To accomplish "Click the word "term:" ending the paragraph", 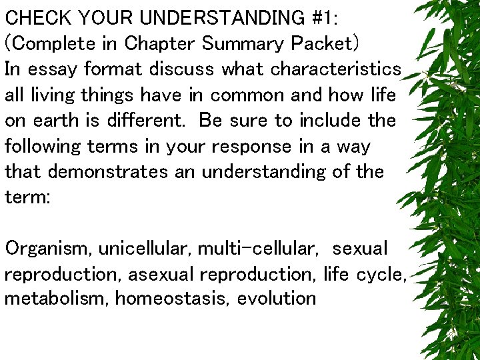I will (27, 198).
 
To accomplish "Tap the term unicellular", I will (143, 249).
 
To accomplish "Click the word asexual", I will (161, 274).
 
